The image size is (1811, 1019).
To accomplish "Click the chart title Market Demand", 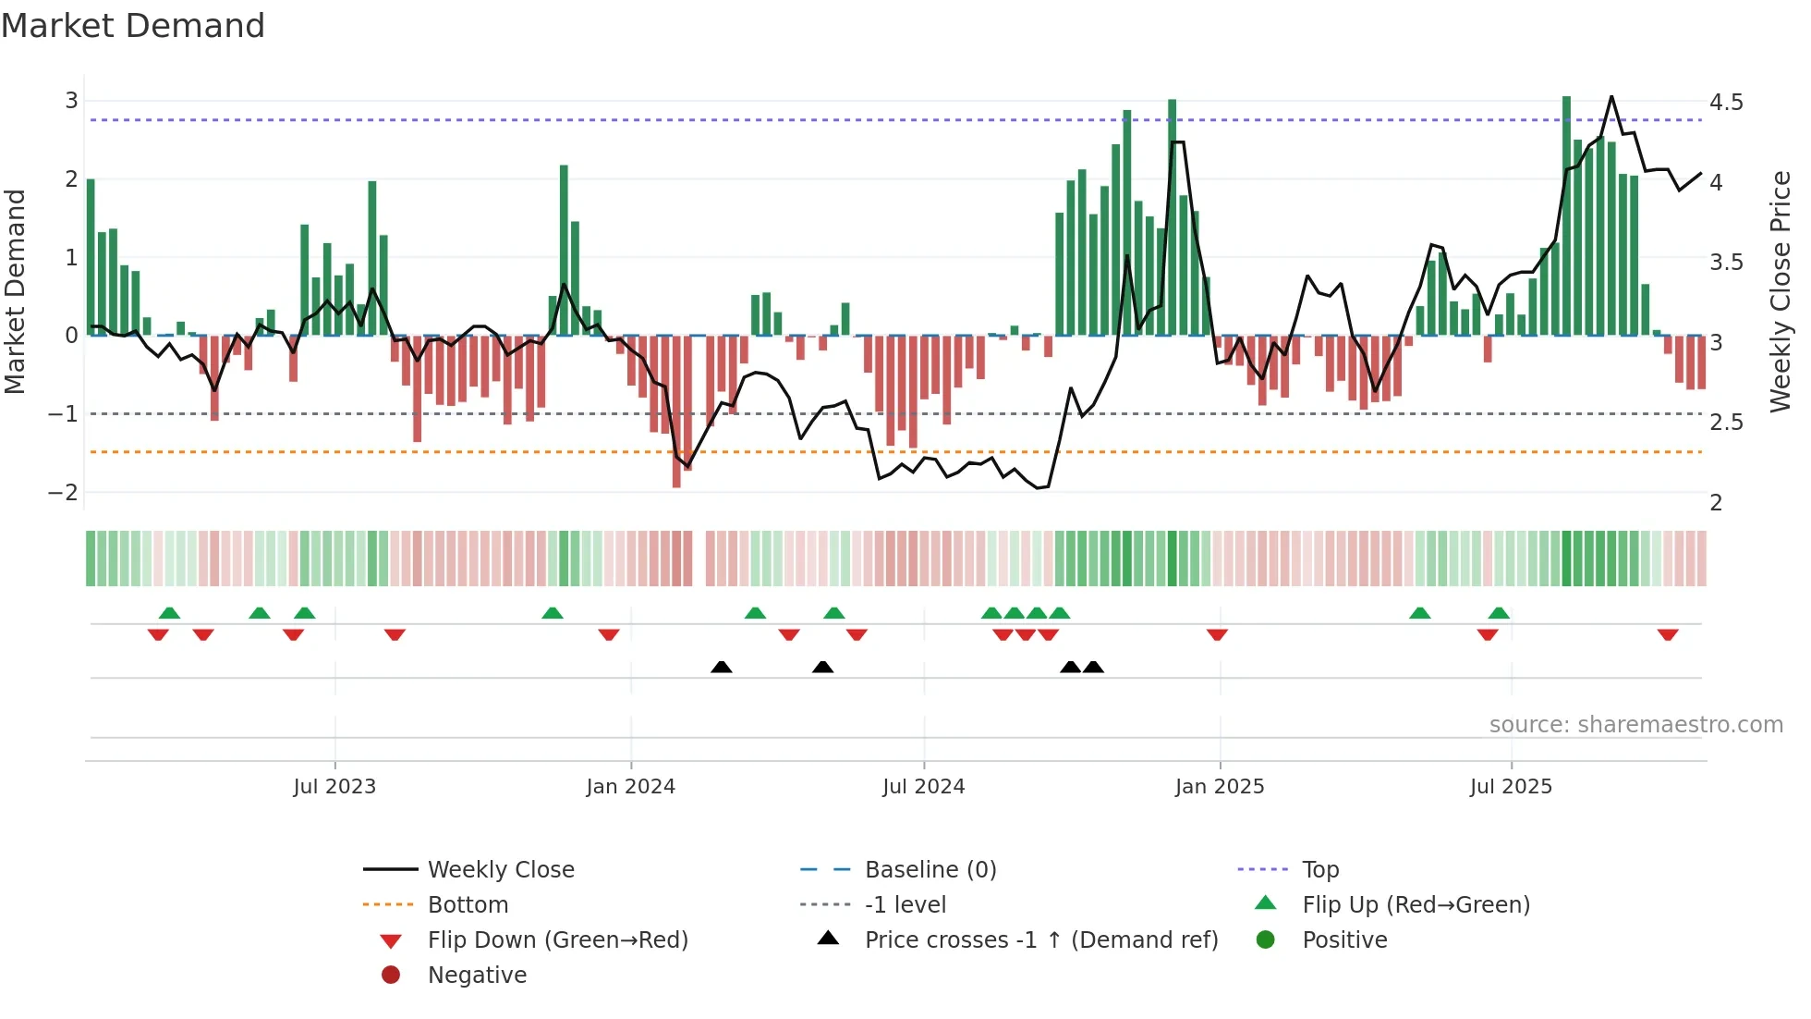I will (x=133, y=26).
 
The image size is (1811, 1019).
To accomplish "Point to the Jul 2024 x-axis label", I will (x=923, y=787).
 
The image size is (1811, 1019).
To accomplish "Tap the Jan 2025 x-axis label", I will (x=1219, y=787).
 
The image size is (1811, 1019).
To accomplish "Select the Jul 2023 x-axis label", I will (x=334, y=787).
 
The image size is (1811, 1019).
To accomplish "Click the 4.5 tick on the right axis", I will (x=1725, y=102).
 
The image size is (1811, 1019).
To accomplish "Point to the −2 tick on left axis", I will (x=64, y=493).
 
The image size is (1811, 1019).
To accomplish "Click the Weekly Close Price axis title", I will (x=1781, y=291).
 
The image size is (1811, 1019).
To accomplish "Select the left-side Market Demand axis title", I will (x=16, y=291).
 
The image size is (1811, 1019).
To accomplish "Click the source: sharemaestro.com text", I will (x=1635, y=725).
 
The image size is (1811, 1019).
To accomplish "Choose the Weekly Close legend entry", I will (x=500, y=870).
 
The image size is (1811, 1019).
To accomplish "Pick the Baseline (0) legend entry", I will (x=930, y=870).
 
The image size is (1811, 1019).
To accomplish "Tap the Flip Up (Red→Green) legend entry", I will (x=1416, y=905).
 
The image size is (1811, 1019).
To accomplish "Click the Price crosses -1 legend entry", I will (x=1040, y=940).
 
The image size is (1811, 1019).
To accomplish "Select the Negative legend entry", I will (x=477, y=976).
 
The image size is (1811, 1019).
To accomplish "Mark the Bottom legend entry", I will (x=468, y=905).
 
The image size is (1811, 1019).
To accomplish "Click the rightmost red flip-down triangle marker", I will (x=1668, y=634).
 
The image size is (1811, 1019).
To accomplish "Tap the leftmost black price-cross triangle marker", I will (x=722, y=667).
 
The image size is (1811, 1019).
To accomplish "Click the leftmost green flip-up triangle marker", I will (x=169, y=613).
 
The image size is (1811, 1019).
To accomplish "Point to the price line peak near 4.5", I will (x=1611, y=96).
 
